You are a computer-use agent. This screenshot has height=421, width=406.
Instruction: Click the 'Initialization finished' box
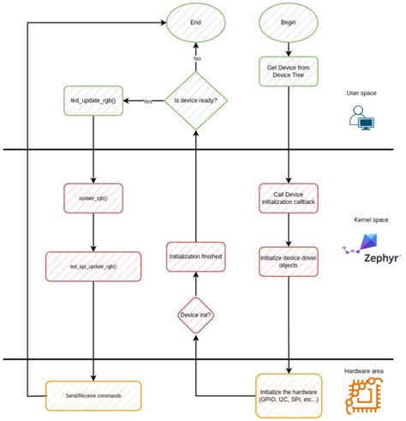pos(196,256)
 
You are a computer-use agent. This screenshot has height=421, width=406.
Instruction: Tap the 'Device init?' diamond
pos(196,315)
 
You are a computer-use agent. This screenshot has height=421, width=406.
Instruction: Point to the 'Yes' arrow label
pos(147,102)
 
